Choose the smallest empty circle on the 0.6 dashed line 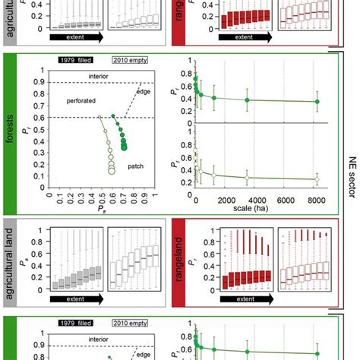(x=99, y=117)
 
